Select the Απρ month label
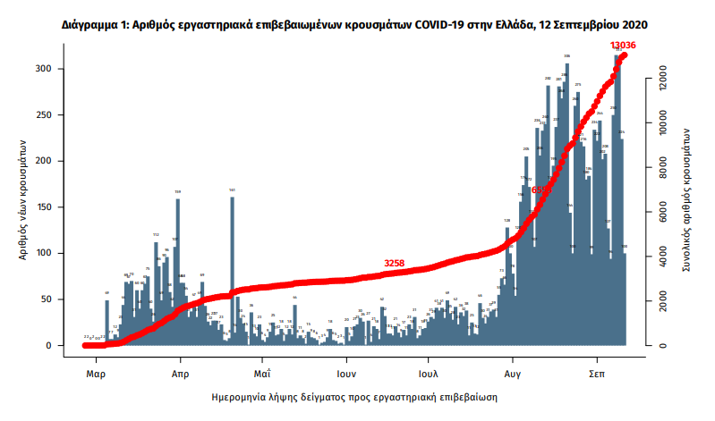pyautogui.click(x=179, y=374)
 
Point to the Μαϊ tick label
pyautogui.click(x=262, y=374)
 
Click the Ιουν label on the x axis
pyautogui.click(x=347, y=374)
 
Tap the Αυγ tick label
pyautogui.click(x=514, y=374)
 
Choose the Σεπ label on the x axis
pyautogui.click(x=599, y=374)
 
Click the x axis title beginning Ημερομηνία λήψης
pyautogui.click(x=354, y=395)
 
